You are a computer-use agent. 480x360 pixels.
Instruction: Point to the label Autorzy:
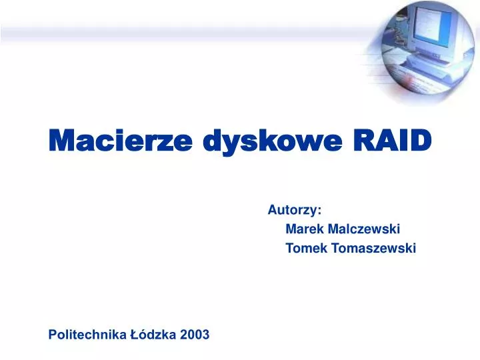click(295, 210)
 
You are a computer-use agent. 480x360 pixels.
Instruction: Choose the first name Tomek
click(302, 249)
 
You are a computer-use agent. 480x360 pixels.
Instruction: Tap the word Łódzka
click(153, 335)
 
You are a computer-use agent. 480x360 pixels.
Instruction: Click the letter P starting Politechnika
click(53, 335)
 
